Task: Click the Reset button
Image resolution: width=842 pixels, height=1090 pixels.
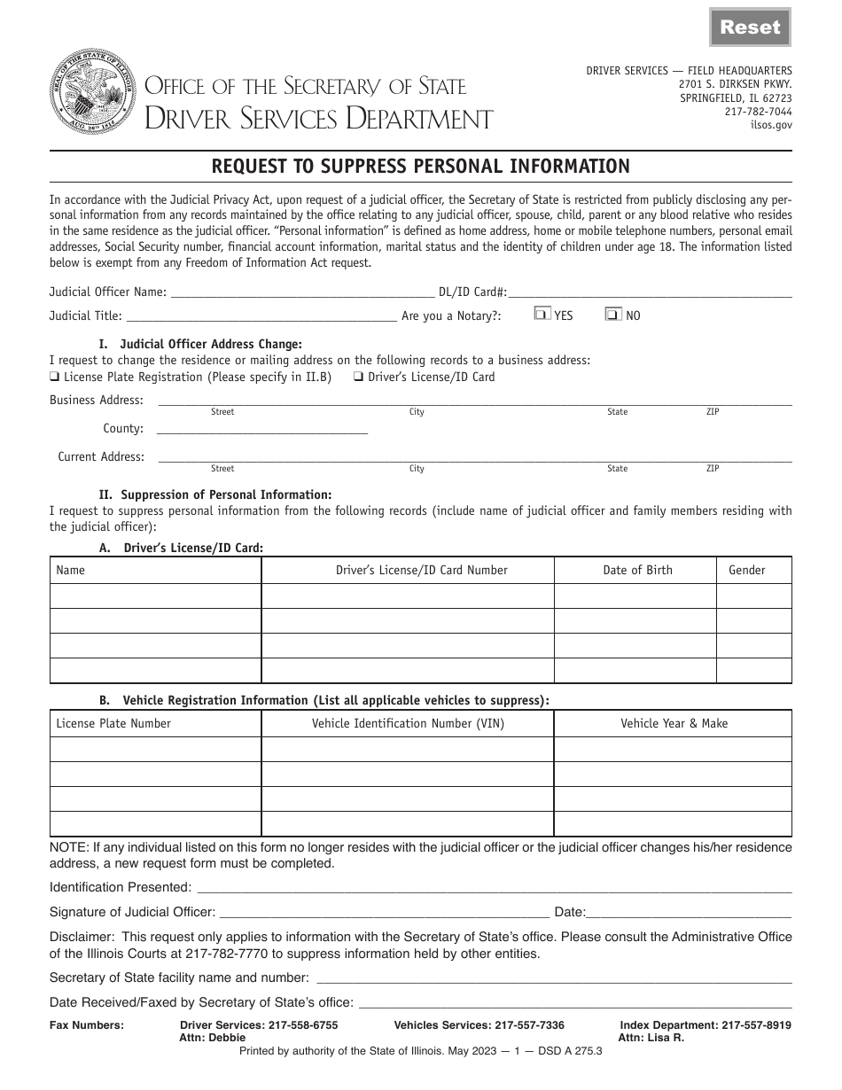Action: coord(750,27)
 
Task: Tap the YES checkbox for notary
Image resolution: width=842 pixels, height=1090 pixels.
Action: coord(542,314)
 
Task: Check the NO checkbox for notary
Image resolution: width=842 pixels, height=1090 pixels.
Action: coord(612,314)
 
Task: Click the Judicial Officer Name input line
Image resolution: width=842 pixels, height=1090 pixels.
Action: coord(301,292)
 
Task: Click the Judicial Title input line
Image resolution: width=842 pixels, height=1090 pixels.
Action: coord(261,315)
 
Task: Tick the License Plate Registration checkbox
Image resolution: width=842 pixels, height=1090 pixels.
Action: coord(55,377)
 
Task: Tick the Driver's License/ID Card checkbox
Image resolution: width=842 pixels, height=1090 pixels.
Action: coord(358,377)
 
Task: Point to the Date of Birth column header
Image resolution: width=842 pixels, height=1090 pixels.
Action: coord(637,570)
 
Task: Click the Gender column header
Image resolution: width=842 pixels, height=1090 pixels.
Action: coord(746,570)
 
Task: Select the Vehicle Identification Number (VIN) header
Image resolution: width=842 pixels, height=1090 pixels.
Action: coord(408,723)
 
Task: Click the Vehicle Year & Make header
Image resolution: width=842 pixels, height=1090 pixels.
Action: coord(674,723)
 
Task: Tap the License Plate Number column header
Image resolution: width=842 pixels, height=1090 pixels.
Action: coord(113,723)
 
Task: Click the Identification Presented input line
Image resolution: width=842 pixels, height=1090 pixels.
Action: coord(494,887)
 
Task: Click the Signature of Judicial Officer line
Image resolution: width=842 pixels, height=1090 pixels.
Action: coord(383,911)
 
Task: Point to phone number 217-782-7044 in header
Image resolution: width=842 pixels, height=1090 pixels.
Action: coord(758,112)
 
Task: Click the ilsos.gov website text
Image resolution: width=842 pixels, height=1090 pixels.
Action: coord(771,125)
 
